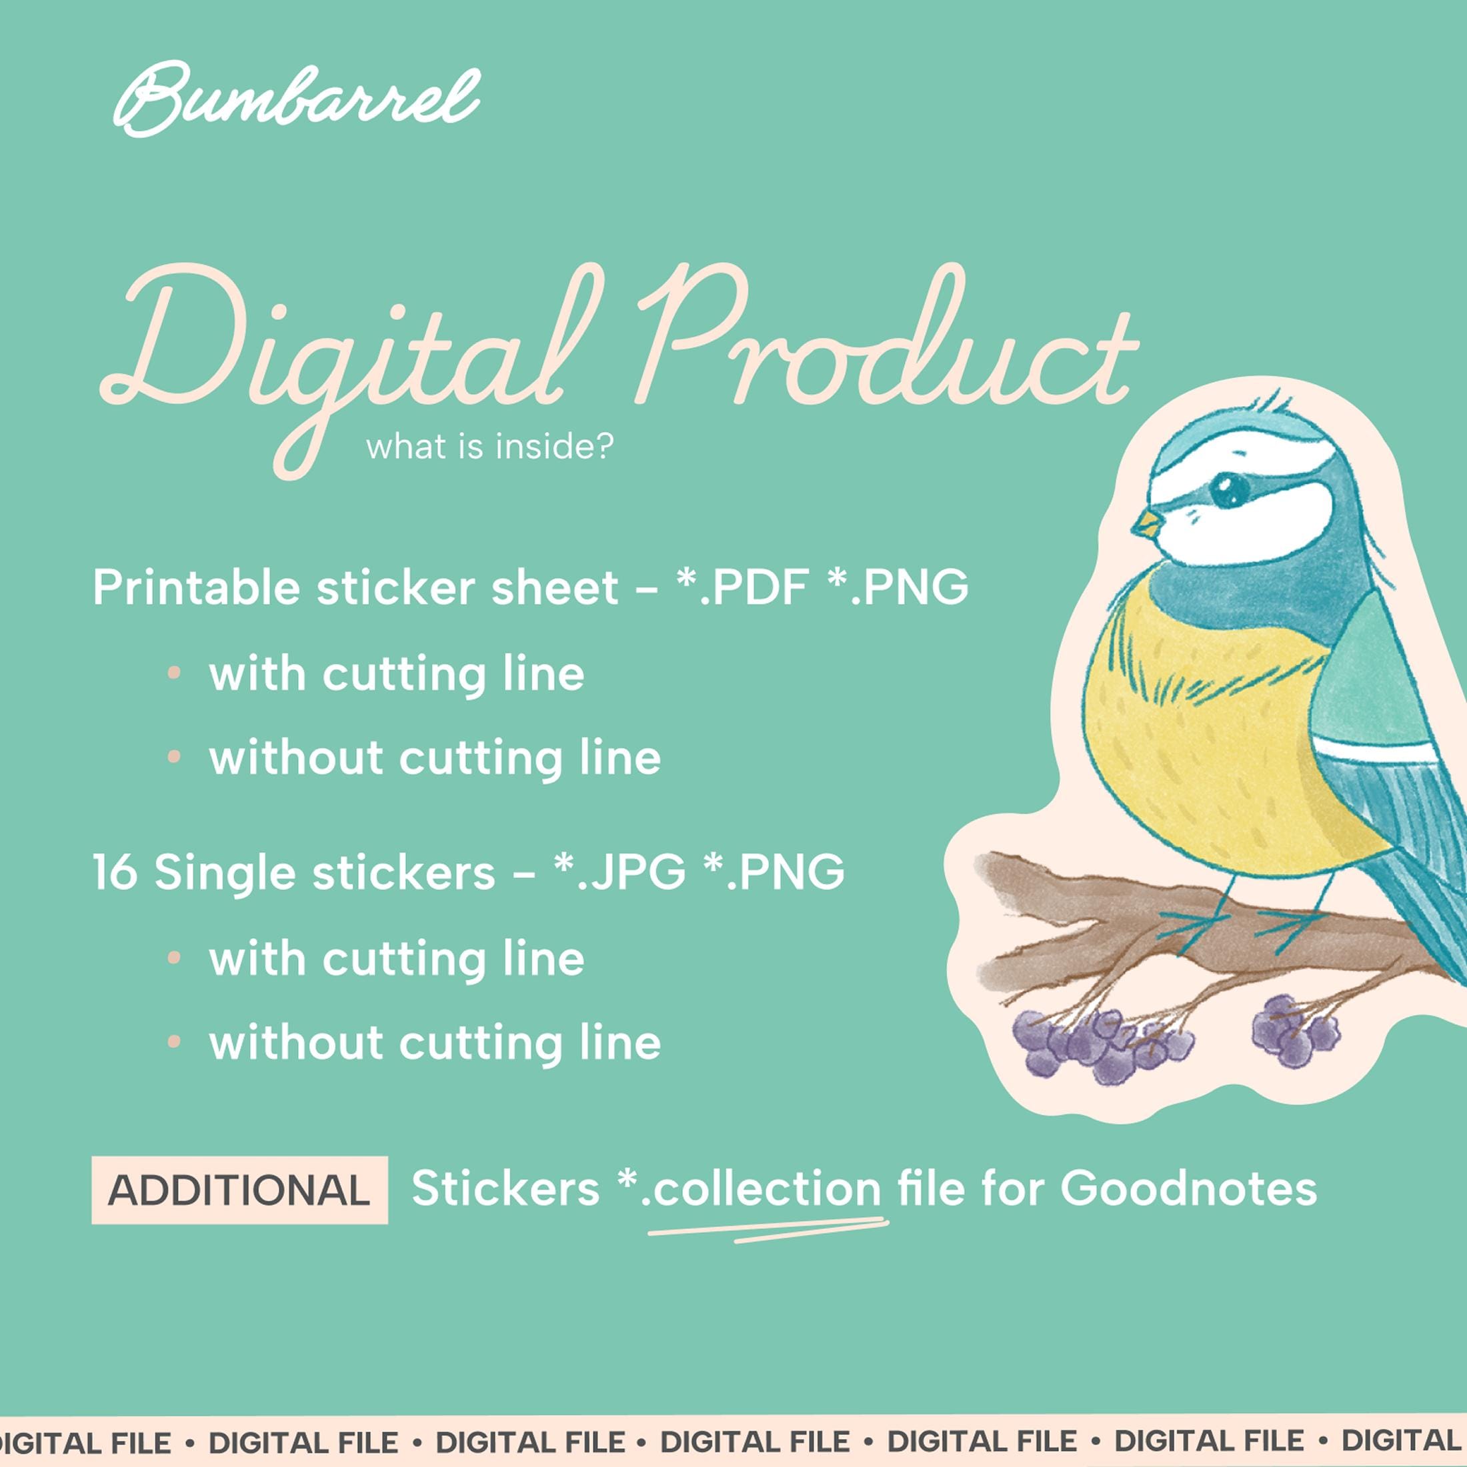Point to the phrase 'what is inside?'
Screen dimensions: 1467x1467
tap(489, 447)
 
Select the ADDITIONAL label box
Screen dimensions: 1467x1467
tap(239, 1190)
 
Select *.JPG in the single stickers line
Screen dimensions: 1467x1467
tap(619, 871)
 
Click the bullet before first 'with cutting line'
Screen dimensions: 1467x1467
tap(174, 673)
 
